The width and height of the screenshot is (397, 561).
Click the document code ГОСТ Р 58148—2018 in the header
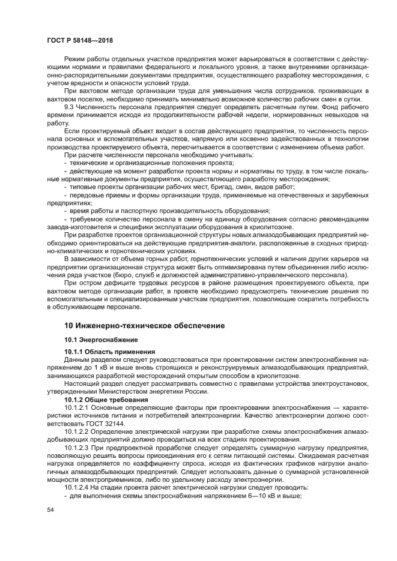80,40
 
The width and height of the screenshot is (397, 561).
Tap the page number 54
50,509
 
